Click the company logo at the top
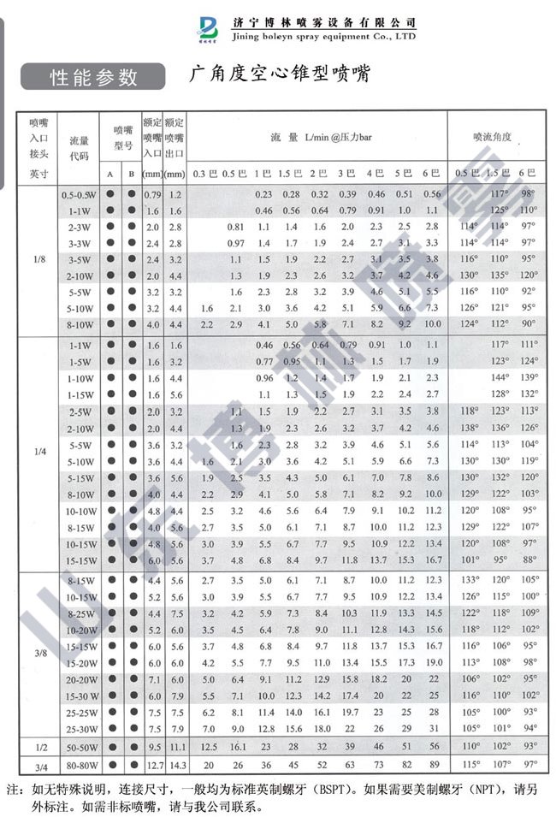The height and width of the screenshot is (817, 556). tap(208, 29)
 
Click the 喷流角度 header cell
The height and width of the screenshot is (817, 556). tap(493, 137)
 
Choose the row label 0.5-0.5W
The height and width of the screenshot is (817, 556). tap(80, 195)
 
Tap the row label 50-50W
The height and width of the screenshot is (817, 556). tap(80, 747)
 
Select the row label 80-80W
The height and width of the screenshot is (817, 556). tap(80, 764)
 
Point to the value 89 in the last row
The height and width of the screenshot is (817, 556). tap(433, 764)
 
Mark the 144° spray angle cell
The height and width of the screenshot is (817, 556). tap(493, 377)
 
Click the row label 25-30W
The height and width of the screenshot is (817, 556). tap(80, 728)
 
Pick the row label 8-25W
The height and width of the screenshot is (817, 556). tap(80, 613)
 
